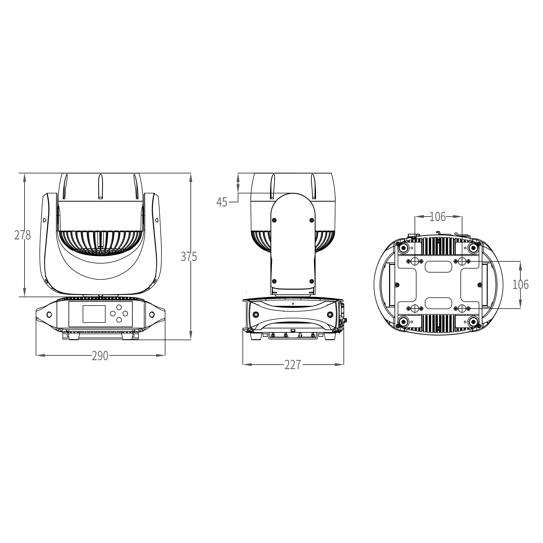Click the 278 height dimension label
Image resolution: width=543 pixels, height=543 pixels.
pos(22,235)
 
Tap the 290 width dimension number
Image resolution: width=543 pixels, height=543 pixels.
pos(100,356)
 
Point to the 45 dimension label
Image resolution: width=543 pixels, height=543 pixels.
pos(222,202)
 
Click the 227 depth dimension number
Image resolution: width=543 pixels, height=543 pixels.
pos(293,365)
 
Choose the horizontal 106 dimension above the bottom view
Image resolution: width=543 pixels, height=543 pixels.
pos(438,217)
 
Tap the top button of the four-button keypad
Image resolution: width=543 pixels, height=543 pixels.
pos(119,307)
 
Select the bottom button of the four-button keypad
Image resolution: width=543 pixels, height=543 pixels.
pos(119,320)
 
